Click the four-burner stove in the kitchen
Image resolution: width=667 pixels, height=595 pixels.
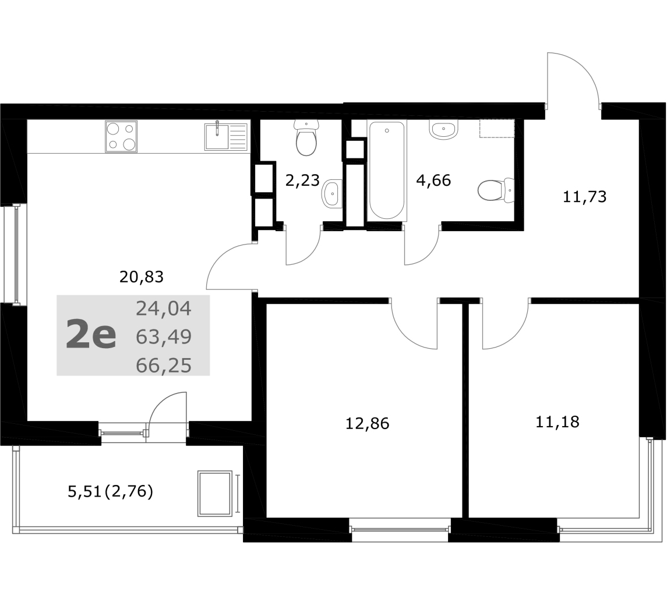coord(121,136)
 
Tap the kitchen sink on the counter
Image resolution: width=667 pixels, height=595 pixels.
coord(226,136)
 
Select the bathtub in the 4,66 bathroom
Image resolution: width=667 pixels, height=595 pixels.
coord(387,171)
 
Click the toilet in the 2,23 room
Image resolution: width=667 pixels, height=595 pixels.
coord(306,137)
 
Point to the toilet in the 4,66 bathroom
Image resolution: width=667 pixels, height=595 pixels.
coord(496,190)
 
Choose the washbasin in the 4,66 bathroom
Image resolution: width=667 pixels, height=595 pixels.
coord(444,129)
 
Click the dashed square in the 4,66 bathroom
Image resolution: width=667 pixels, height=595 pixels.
coord(497,129)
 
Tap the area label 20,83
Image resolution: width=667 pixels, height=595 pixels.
coord(141,277)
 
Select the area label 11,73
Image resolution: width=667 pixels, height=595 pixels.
coord(584,197)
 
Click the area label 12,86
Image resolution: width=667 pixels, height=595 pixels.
coord(367,424)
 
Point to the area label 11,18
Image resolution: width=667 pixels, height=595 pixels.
coord(557,422)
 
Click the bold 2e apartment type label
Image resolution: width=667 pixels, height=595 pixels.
coord(91,335)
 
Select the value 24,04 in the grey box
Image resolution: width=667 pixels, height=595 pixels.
coord(164,309)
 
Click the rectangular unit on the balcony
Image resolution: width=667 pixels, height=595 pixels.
coord(215,494)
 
